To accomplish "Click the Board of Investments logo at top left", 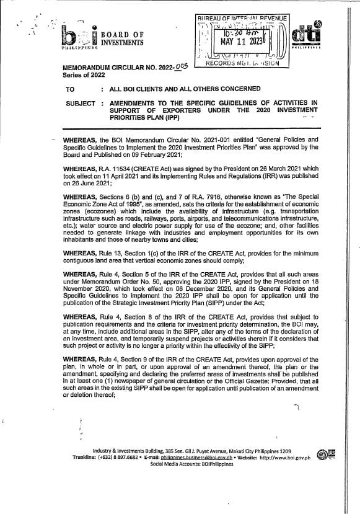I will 77,37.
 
